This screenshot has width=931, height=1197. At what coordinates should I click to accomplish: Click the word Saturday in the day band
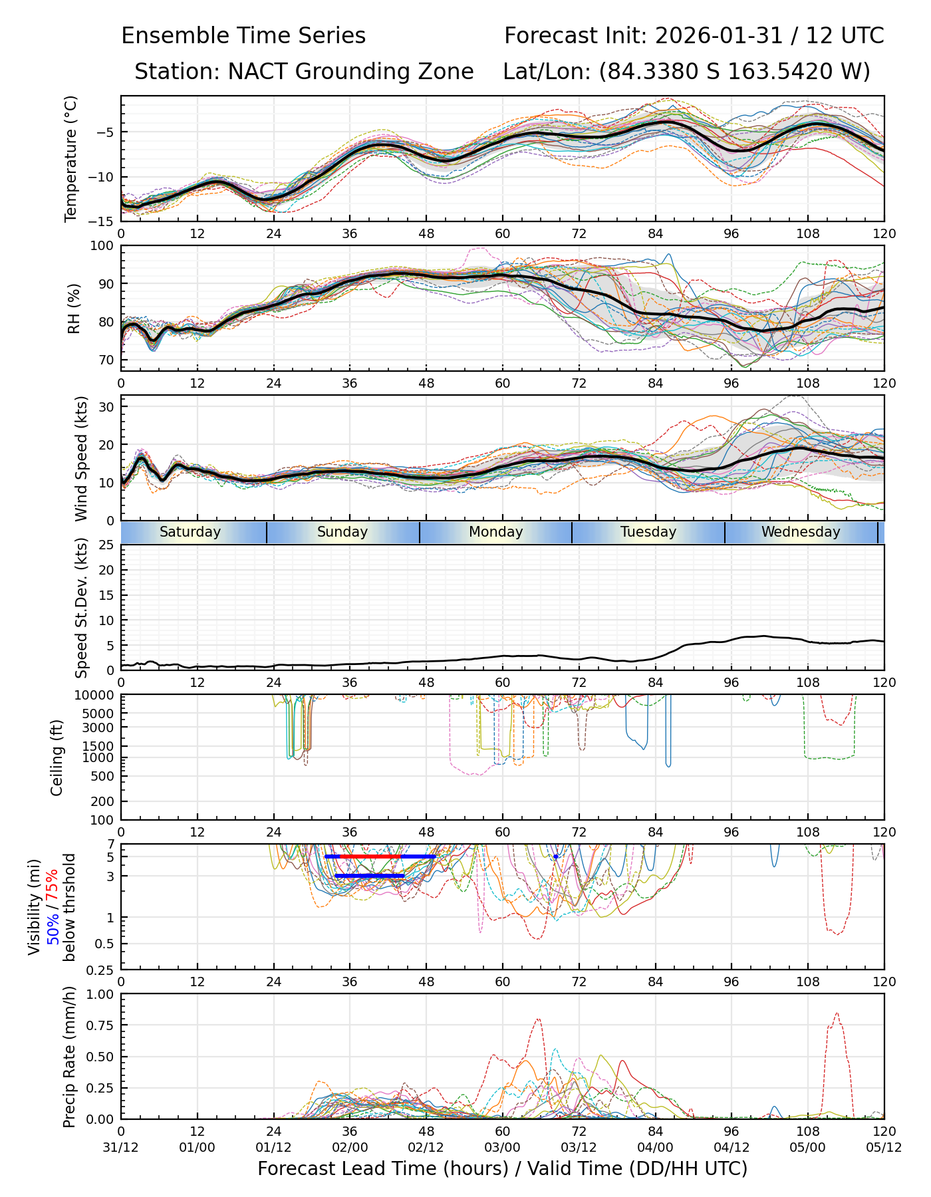[190, 532]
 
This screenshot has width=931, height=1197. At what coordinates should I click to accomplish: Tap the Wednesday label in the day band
[801, 532]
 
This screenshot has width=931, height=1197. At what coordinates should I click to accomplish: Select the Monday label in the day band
[495, 532]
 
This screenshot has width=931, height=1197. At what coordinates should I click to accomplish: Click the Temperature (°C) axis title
[71, 158]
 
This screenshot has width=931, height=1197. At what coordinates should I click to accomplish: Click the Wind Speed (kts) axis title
[81, 458]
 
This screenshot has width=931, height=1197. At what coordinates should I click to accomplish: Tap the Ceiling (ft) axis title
[57, 757]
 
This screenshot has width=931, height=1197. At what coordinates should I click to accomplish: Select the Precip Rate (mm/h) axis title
[69, 1057]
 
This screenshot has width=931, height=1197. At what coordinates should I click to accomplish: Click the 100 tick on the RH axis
[102, 246]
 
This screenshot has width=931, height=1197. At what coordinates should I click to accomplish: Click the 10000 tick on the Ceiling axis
[96, 696]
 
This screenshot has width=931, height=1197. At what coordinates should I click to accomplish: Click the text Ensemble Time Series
[243, 36]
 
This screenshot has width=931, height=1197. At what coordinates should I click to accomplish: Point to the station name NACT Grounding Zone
[350, 71]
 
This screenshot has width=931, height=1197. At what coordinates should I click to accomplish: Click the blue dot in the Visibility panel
[556, 857]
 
